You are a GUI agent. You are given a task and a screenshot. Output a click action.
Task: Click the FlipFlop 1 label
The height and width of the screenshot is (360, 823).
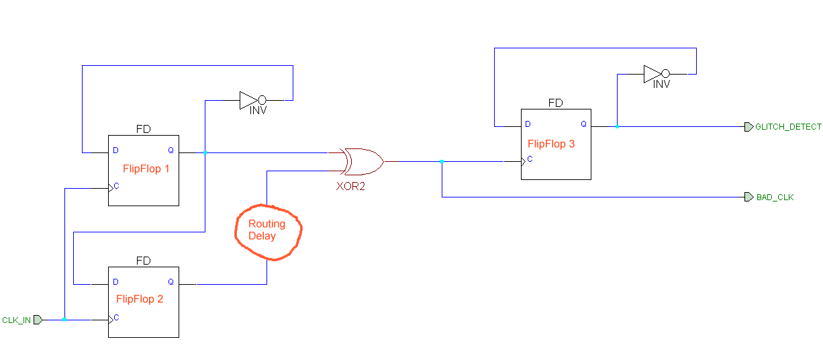click(146, 169)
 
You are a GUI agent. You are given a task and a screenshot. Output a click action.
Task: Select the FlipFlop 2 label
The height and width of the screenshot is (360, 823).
click(140, 299)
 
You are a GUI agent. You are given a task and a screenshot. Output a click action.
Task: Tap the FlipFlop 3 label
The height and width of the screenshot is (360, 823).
click(551, 143)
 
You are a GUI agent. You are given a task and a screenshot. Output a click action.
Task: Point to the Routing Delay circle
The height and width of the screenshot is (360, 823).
click(268, 230)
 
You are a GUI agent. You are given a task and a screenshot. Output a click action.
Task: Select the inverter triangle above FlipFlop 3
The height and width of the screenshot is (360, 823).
click(651, 74)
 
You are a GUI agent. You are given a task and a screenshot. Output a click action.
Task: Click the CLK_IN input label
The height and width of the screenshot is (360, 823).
click(17, 320)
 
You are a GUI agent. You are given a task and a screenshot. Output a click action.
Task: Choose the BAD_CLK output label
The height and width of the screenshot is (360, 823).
click(775, 197)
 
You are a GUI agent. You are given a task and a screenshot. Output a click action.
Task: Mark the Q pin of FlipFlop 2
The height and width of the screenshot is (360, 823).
click(171, 282)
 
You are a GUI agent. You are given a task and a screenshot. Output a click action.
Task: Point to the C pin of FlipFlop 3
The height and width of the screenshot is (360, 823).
click(530, 160)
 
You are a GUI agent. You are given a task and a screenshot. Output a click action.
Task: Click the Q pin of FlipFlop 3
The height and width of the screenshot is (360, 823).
click(583, 124)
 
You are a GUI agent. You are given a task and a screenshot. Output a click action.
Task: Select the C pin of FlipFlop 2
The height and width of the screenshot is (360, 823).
click(117, 318)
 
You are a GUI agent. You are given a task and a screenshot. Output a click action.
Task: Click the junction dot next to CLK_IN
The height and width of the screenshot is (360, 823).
click(64, 320)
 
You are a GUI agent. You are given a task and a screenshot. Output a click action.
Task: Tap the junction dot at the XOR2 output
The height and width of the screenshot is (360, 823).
click(442, 161)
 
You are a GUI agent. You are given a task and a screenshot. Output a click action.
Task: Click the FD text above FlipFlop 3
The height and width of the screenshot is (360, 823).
click(556, 103)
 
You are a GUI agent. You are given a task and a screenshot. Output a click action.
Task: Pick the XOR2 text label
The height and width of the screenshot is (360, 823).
click(350, 186)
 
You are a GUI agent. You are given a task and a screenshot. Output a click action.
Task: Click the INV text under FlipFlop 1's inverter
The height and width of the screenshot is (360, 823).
click(258, 111)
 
